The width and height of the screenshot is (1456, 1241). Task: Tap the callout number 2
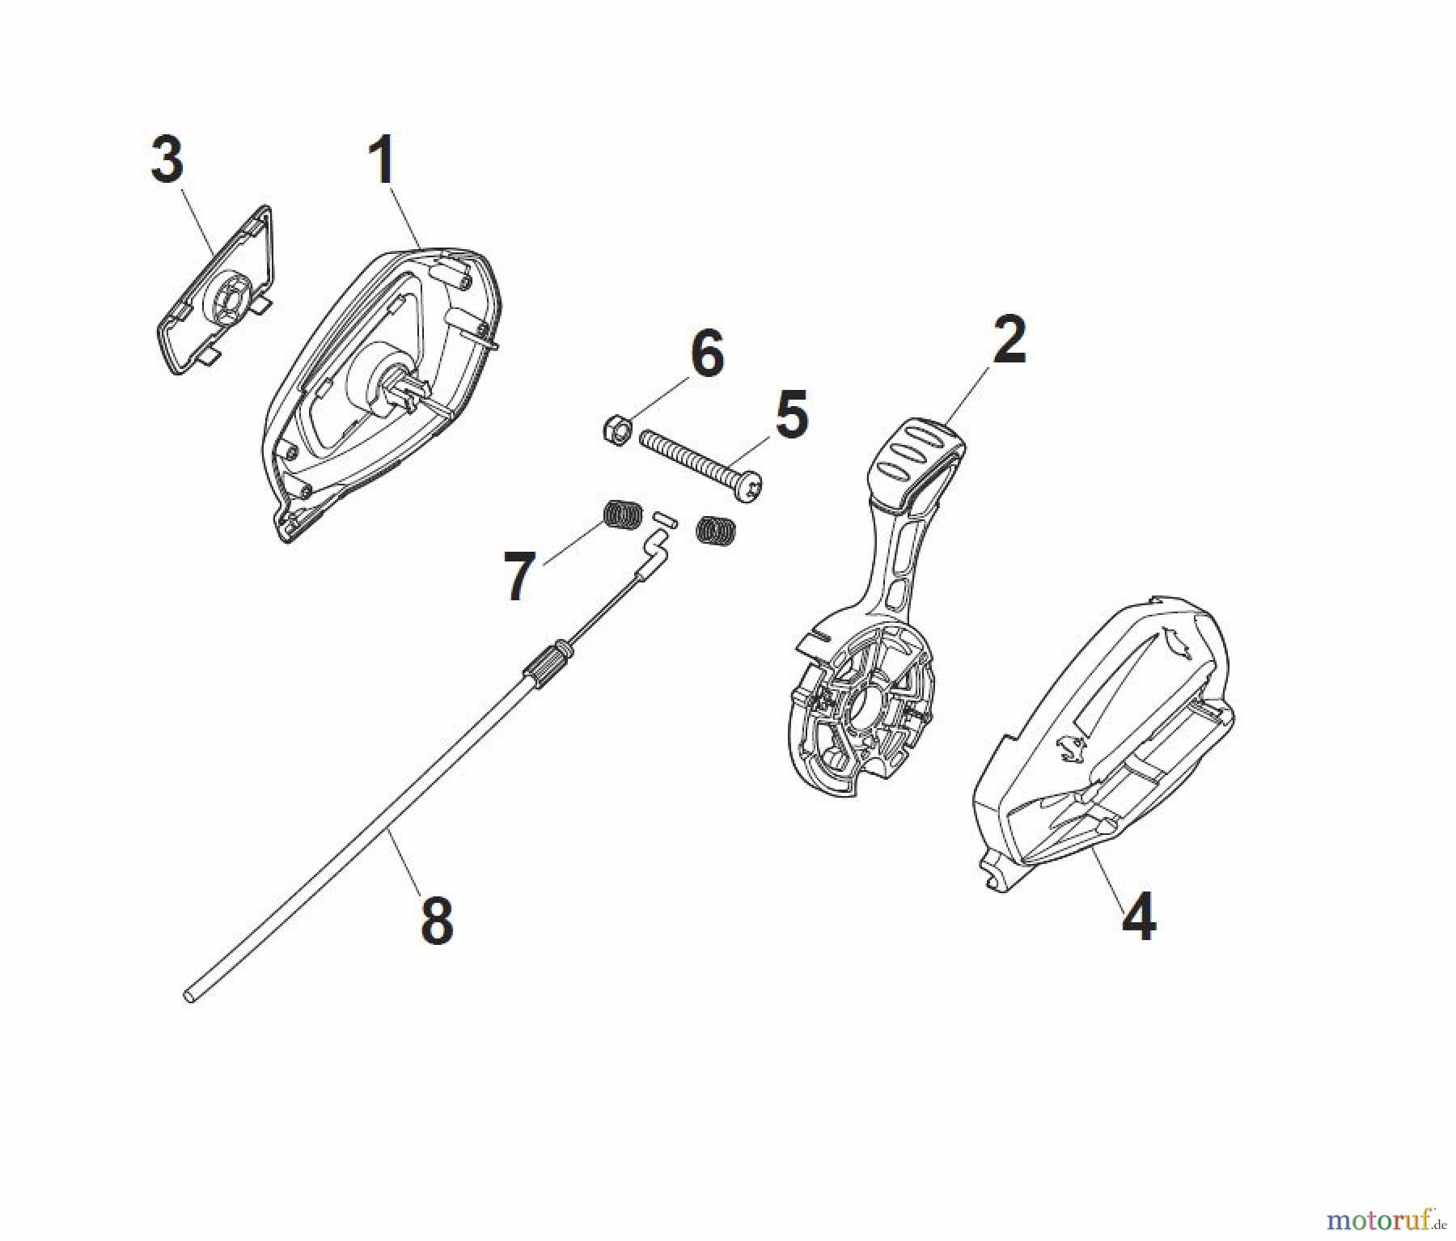click(x=1008, y=340)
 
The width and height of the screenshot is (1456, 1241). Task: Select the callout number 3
click(x=167, y=159)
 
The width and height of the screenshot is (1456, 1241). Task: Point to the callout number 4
click(x=1139, y=916)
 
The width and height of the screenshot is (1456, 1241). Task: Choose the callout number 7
click(x=518, y=576)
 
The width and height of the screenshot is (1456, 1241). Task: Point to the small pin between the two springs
click(x=664, y=516)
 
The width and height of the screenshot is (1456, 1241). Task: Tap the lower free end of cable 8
click(x=190, y=997)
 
